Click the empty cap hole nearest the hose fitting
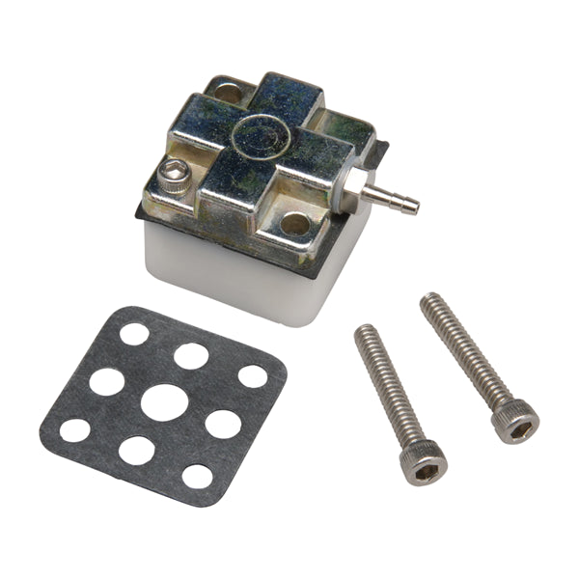(295, 224)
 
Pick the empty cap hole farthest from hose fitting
(228, 94)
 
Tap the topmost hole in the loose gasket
(134, 334)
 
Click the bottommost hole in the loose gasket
(197, 476)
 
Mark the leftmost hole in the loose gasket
(75, 429)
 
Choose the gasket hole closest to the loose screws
(253, 375)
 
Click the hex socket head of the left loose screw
(423, 461)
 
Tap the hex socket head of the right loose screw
(514, 422)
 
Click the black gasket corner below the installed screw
(140, 214)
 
